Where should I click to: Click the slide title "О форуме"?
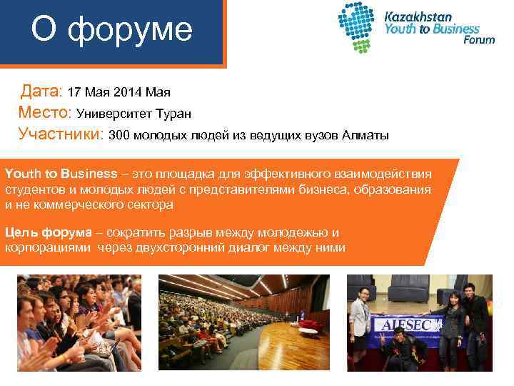coord(111,30)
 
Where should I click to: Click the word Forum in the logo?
coord(478,40)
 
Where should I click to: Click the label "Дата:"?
coord(42,91)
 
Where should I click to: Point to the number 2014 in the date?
coord(127,92)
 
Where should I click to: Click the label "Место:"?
coord(44,113)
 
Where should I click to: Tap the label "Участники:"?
coord(61,134)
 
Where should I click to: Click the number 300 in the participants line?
coord(120,135)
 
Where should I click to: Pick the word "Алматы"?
coord(365,135)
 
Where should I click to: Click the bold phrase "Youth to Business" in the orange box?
coord(61,174)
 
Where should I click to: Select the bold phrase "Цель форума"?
coord(48,232)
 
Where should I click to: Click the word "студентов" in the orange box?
coord(32,189)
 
